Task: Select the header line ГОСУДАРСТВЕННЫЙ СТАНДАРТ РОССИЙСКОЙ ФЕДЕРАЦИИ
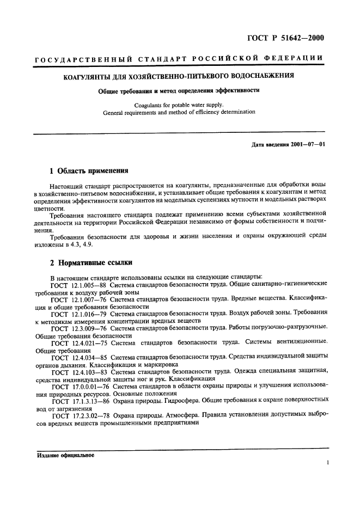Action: pos(179,59)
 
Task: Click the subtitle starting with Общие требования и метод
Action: pos(179,91)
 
